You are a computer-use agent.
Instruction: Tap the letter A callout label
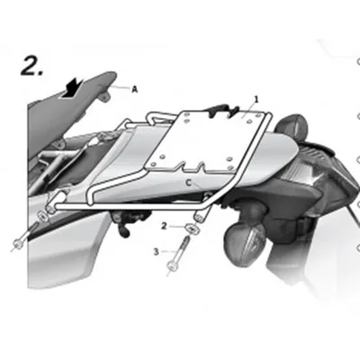pyautogui.click(x=135, y=89)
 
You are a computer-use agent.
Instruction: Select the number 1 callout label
pyautogui.click(x=256, y=99)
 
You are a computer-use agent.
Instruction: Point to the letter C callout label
pyautogui.click(x=188, y=183)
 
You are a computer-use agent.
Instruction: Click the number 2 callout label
pyautogui.click(x=164, y=226)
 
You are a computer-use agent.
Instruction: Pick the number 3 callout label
pyautogui.click(x=156, y=251)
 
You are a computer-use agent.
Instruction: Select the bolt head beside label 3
pyautogui.click(x=171, y=266)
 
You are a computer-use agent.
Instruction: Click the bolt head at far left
pyautogui.click(x=17, y=244)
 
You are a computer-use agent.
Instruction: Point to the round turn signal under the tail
pyautogui.click(x=245, y=245)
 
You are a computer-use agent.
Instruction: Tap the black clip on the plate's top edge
pyautogui.click(x=221, y=110)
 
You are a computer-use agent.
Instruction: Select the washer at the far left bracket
pyautogui.click(x=42, y=215)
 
